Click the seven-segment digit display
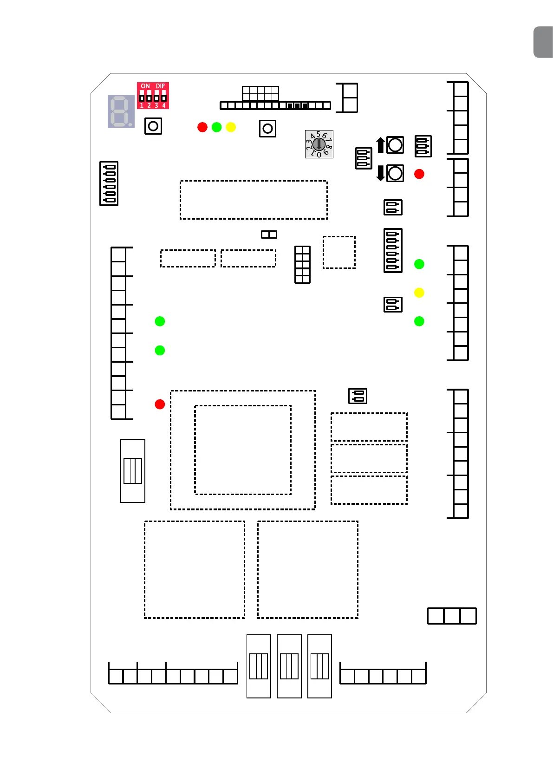121,111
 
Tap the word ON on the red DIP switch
145,86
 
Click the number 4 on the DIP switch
164,106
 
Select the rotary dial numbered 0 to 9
319,144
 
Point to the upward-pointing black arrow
380,145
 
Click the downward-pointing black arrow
380,173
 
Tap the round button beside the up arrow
395,145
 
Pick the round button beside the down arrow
395,173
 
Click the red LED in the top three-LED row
202,127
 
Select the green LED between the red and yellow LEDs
217,127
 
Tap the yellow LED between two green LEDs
419,293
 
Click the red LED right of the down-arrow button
419,174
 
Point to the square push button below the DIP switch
153,126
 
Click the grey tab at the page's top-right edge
544,42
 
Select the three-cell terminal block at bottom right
452,616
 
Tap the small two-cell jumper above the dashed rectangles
269,235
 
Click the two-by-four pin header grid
302,265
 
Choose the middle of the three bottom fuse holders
289,666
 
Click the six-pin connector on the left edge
109,183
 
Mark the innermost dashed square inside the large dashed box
243,450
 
